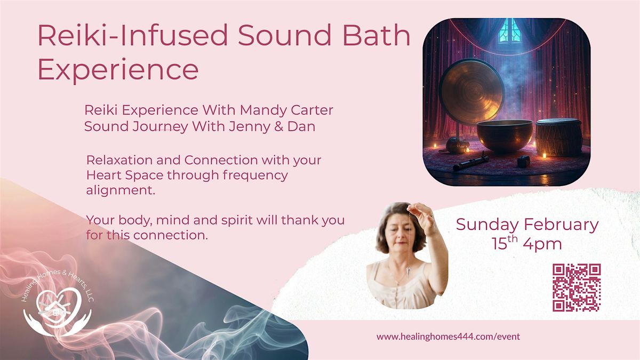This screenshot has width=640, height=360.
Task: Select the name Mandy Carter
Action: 286,110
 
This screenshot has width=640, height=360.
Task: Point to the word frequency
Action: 255,175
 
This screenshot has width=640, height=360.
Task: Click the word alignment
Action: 121,190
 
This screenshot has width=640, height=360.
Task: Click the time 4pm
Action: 542,244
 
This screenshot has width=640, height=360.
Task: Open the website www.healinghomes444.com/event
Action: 448,337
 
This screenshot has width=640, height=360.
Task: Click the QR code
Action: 577,287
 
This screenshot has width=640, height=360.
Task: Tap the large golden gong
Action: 471,91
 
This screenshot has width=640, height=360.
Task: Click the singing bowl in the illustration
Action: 505,135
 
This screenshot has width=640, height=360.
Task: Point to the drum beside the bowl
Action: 558,137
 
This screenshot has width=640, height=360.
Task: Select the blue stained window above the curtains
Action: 509,31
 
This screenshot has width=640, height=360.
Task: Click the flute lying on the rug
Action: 471,163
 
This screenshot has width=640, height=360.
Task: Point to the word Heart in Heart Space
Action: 104,175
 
